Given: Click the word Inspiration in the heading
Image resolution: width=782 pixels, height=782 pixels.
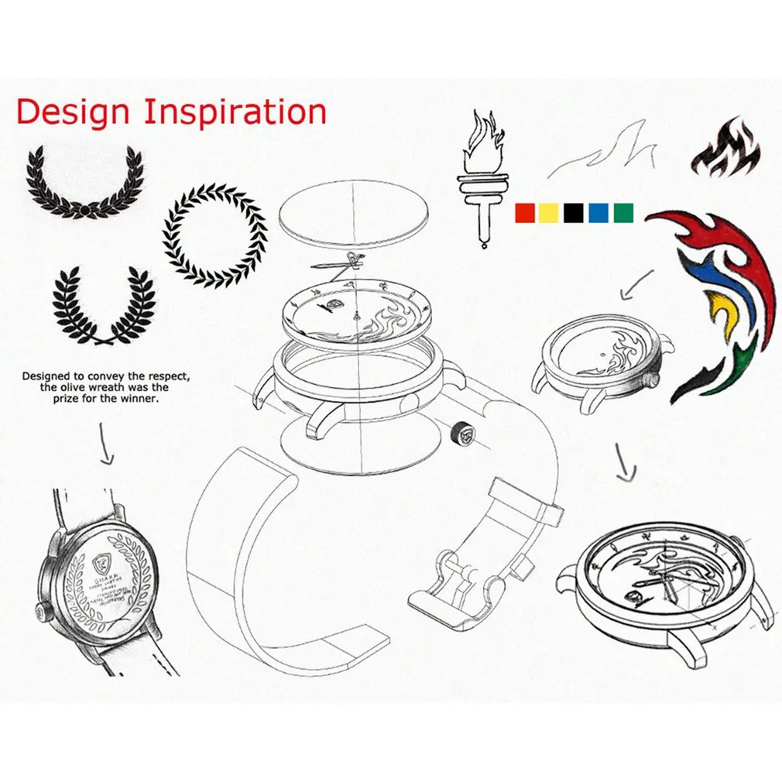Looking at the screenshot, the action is point(235,112).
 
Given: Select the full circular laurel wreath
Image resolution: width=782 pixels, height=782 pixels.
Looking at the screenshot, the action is point(214,235).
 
